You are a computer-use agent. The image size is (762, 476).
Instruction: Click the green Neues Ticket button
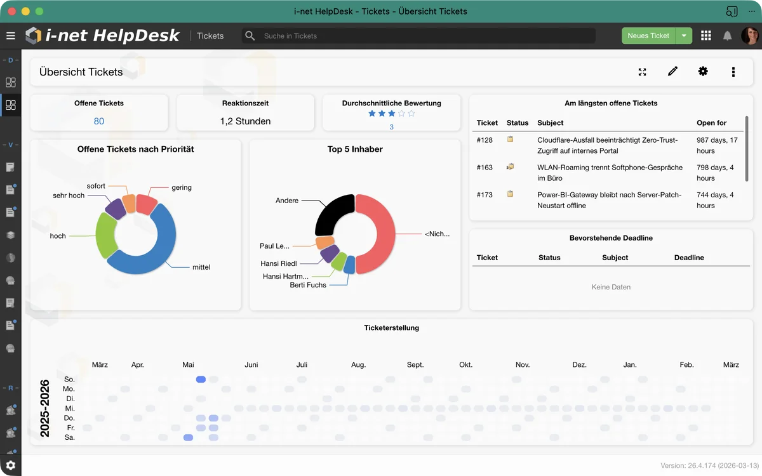648,36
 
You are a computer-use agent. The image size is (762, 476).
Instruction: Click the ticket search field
419,36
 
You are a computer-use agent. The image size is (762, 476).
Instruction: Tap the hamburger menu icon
10,36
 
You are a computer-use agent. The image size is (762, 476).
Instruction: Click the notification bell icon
728,36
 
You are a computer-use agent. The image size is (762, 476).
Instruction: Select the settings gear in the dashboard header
703,72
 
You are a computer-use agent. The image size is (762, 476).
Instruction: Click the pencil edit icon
672,72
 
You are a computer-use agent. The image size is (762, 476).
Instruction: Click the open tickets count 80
99,121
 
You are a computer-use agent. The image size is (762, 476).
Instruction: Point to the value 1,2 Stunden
245,121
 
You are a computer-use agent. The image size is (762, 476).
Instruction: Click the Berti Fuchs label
308,285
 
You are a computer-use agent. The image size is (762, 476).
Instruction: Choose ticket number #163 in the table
485,168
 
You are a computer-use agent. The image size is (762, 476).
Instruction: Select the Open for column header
711,122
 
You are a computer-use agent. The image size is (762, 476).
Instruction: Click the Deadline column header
689,258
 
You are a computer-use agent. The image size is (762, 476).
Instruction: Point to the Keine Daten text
611,287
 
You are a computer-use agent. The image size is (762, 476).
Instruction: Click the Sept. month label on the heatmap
415,365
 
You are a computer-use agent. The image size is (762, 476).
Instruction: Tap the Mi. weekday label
70,409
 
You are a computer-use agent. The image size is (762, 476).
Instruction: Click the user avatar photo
749,36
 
